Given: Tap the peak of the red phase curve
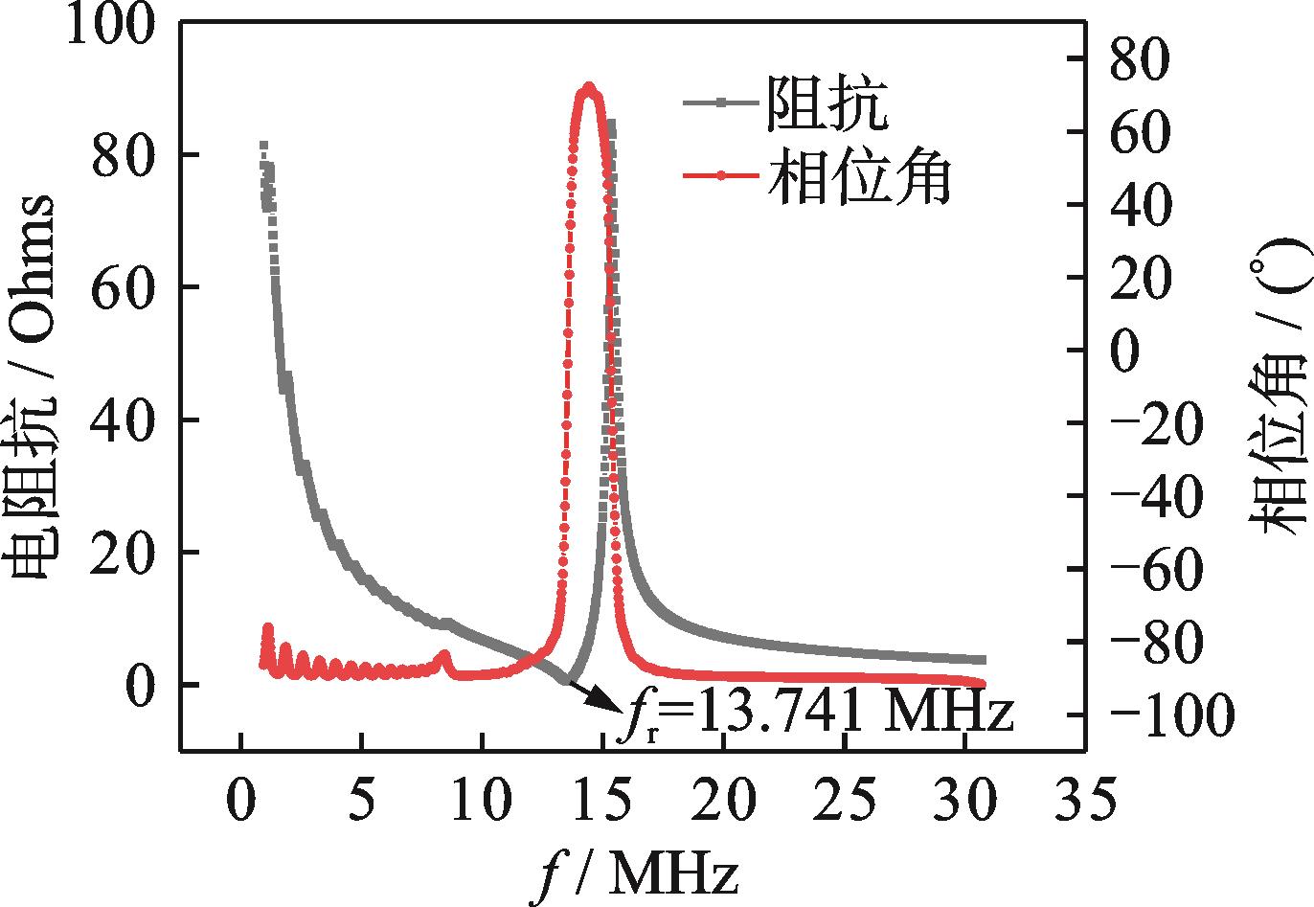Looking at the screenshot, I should (x=588, y=88).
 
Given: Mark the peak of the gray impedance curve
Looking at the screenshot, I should (x=610, y=124).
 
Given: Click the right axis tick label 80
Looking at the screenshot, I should (x=1141, y=59).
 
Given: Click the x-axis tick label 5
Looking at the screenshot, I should (x=361, y=799).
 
